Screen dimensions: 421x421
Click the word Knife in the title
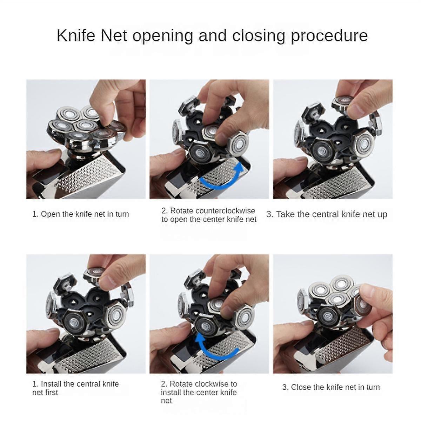point(76,35)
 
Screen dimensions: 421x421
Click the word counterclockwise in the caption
point(225,211)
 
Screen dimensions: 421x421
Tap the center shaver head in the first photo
point(84,126)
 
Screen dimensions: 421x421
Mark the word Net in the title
point(114,35)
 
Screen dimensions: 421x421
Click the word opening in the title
point(163,37)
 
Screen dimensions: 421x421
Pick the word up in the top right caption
point(382,215)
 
